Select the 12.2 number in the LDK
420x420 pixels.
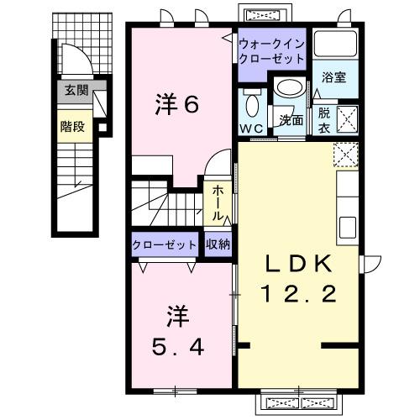300,295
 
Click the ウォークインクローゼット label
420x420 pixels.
270,52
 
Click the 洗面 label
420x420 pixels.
291,120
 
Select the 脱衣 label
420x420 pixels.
323,119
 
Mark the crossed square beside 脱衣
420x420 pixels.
347,118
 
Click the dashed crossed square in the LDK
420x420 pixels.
346,155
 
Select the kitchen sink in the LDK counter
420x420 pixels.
348,225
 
